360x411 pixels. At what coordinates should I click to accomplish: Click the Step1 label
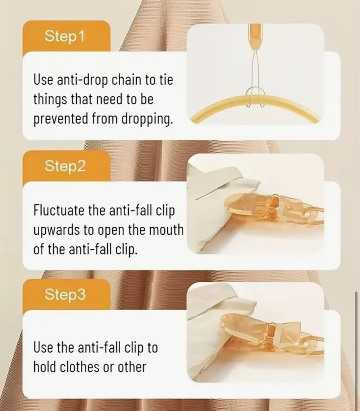(65, 36)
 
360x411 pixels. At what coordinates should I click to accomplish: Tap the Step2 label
(65, 166)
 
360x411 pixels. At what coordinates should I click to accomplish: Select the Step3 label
(65, 295)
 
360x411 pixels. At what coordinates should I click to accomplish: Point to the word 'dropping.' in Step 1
(147, 119)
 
